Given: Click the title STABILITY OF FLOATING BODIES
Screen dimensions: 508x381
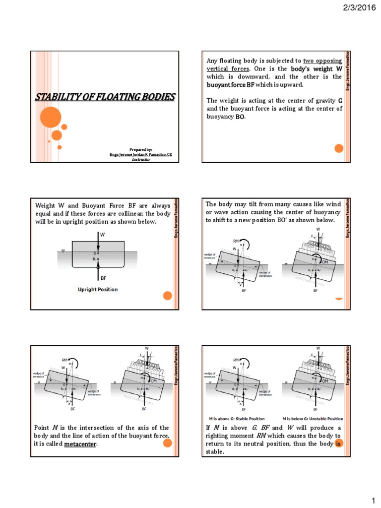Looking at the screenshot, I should coord(105,97).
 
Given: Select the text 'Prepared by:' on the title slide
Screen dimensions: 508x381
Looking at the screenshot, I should coord(141,149).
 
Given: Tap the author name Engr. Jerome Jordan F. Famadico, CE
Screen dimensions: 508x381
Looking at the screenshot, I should coord(141,155).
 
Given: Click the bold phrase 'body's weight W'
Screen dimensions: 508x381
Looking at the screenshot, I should coord(317,68).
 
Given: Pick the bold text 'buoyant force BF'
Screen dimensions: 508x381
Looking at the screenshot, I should coord(230,85).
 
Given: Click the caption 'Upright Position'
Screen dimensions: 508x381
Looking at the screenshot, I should coord(98,289).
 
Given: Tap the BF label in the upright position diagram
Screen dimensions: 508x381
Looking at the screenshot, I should coord(104,278).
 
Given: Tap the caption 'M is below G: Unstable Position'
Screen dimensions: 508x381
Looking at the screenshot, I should coord(313,418).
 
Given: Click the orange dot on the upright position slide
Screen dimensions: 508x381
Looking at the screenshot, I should coord(167,296).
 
